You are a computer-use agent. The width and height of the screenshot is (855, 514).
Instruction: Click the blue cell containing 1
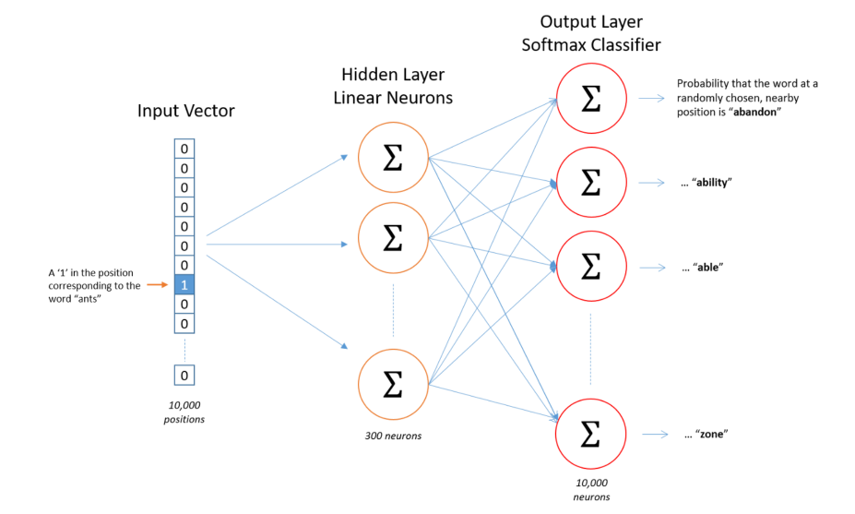click(184, 285)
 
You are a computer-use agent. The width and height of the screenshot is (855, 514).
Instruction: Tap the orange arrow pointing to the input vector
click(158, 285)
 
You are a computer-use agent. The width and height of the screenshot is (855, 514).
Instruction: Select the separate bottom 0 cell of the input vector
click(184, 376)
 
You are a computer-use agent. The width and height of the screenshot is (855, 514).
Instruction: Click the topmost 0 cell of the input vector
click(184, 149)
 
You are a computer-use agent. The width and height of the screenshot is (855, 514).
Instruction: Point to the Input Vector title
click(186, 111)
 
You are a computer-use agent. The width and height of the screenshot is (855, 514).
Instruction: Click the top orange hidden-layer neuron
click(393, 157)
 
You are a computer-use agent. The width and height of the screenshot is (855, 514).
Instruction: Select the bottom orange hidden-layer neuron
click(393, 384)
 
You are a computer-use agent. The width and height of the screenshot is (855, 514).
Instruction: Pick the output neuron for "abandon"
click(591, 98)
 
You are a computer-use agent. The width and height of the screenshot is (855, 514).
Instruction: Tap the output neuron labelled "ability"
click(591, 182)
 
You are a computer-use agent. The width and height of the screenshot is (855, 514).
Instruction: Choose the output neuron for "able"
click(591, 267)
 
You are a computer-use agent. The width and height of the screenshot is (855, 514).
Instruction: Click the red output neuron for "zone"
click(590, 434)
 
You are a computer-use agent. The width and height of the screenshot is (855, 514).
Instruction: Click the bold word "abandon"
click(754, 113)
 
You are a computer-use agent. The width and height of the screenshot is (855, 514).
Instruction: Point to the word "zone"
click(711, 435)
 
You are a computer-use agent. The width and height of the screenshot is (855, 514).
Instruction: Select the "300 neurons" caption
click(393, 436)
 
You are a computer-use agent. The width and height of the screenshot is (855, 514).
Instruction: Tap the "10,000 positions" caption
click(184, 412)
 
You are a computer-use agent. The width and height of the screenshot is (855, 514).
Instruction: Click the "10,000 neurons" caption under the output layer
click(591, 489)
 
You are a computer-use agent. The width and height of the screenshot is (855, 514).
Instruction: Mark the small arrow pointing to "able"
click(652, 268)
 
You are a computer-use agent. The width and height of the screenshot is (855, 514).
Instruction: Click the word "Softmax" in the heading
click(552, 44)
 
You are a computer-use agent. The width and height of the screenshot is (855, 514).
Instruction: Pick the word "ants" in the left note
click(89, 299)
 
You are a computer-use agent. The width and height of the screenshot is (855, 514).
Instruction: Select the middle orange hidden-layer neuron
click(393, 238)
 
